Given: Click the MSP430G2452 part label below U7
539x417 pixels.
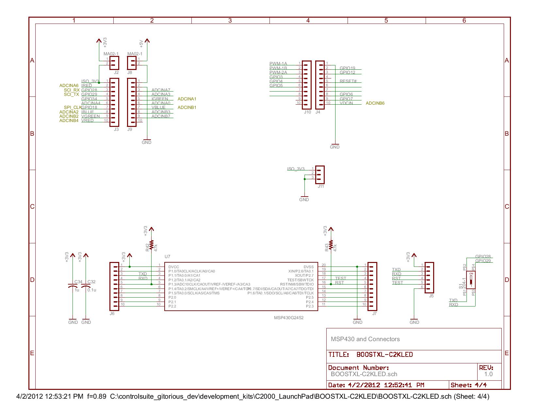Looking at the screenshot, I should pyautogui.click(x=288, y=317).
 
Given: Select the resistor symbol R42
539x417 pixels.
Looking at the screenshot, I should pyautogui.click(x=151, y=245).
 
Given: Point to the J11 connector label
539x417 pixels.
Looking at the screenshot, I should pyautogui.click(x=321, y=186).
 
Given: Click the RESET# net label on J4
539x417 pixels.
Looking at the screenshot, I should pyautogui.click(x=348, y=81).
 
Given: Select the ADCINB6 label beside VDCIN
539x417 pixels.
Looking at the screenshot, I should pyautogui.click(x=375, y=103).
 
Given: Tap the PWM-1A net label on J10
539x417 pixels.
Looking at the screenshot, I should pyautogui.click(x=278, y=63).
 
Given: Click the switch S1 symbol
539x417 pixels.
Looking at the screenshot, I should pyautogui.click(x=471, y=280).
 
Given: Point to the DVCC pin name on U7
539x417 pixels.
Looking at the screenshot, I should pyautogui.click(x=173, y=267).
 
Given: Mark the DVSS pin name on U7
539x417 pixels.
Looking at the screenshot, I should pyautogui.click(x=308, y=267).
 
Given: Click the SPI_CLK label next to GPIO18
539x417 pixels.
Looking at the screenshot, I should pyautogui.click(x=73, y=107).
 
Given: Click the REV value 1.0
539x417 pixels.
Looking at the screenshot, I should pyautogui.click(x=488, y=374).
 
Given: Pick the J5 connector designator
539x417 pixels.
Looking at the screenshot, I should pyautogui.click(x=431, y=296).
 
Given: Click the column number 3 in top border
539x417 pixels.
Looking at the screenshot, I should pyautogui.click(x=230, y=21).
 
